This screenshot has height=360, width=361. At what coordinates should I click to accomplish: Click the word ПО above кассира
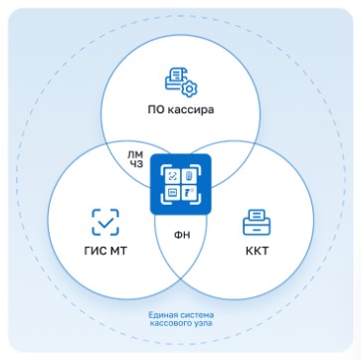(155, 109)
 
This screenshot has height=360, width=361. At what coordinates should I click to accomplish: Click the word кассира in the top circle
(190, 109)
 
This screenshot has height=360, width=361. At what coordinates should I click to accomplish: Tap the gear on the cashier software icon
(189, 89)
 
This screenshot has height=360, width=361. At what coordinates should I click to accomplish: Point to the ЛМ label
(135, 154)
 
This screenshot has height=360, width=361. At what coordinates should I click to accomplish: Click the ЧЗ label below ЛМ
(135, 164)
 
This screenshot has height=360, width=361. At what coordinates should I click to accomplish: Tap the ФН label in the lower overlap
(182, 236)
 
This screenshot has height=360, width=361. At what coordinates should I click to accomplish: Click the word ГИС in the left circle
(93, 251)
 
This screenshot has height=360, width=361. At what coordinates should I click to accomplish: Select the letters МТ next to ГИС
(116, 251)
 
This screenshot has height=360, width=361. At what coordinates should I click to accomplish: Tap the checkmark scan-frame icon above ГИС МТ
(105, 222)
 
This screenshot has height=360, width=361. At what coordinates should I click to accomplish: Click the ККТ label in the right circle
(258, 251)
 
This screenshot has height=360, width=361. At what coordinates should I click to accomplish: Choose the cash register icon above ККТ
(257, 222)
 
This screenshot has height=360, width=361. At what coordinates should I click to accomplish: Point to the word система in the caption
(194, 314)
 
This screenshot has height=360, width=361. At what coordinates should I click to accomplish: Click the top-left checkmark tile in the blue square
(172, 177)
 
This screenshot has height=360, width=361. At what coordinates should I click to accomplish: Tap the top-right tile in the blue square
(189, 176)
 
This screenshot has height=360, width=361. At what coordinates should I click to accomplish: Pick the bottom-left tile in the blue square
(172, 193)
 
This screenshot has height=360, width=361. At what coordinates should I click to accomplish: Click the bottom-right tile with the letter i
(189, 193)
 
